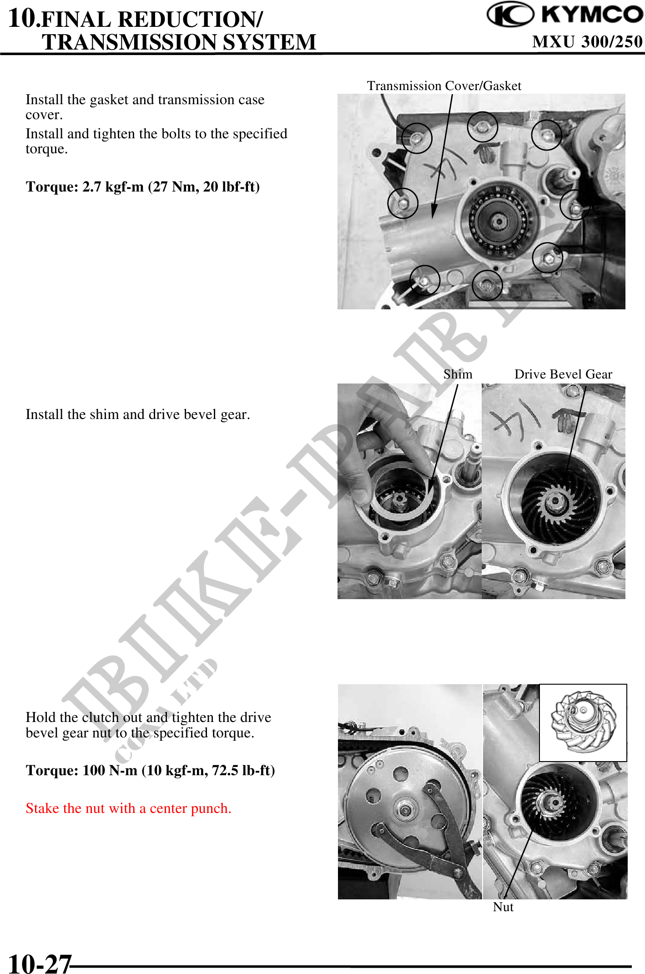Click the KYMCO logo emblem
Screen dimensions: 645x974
point(510,15)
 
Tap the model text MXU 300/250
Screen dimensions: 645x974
point(587,42)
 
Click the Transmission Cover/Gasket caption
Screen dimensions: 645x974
point(444,86)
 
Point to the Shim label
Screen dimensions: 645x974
point(458,374)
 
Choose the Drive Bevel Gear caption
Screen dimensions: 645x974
point(563,374)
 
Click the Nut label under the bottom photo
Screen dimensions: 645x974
point(503,907)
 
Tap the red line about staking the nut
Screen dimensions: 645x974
point(128,808)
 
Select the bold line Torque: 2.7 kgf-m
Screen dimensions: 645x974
point(142,187)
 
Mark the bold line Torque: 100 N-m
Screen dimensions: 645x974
point(150,771)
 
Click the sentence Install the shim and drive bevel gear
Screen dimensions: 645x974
point(137,414)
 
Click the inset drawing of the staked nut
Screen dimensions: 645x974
point(583,722)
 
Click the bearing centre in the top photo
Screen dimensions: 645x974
point(499,222)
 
